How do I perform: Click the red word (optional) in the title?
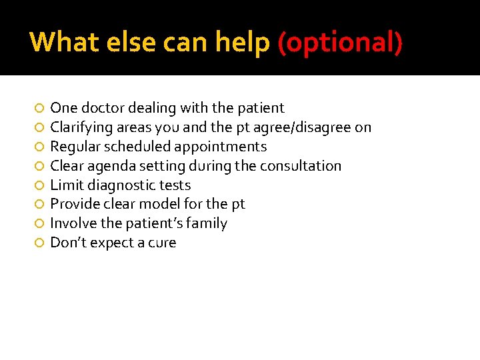pos(340,43)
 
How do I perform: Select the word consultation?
pos(301,166)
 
